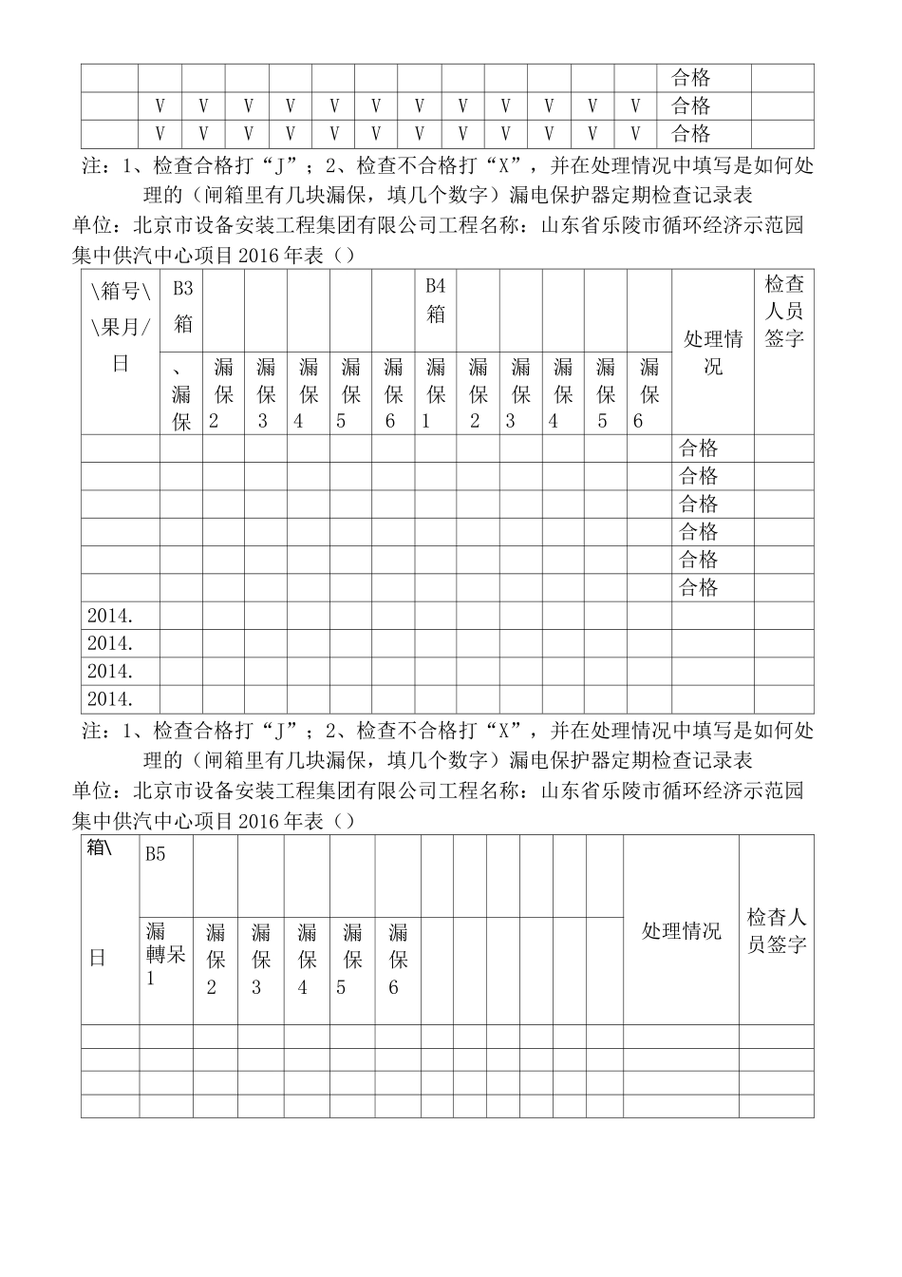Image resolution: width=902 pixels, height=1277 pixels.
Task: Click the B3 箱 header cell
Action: (181, 307)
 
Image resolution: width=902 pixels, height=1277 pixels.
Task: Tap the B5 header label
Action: (156, 854)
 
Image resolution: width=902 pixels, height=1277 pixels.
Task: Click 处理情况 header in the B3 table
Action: (713, 353)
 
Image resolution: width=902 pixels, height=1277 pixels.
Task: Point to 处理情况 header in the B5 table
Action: (681, 931)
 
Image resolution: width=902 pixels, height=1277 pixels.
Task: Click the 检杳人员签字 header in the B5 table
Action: (777, 931)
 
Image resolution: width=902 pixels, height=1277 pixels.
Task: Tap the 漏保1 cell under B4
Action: (435, 393)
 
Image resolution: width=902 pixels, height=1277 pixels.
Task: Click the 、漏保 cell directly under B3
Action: (180, 393)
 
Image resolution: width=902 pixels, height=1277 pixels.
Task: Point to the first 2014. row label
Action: (110, 616)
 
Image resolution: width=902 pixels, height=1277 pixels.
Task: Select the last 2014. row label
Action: (110, 699)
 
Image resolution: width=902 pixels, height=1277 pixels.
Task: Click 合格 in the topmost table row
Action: (691, 78)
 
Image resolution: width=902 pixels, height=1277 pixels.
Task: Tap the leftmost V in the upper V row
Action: (160, 105)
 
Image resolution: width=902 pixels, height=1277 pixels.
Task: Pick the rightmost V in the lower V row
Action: (635, 133)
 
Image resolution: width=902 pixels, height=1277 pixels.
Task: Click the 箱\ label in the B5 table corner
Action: (99, 848)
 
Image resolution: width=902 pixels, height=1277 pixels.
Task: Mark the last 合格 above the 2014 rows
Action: (699, 587)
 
